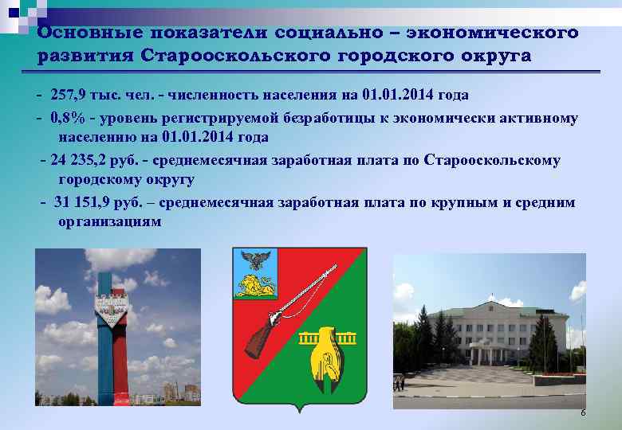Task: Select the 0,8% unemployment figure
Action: pos(66,118)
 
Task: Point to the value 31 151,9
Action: pos(86,202)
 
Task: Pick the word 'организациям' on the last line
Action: pos(109,222)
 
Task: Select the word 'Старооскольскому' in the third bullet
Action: pos(493,160)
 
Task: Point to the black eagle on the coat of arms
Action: pos(258,260)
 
